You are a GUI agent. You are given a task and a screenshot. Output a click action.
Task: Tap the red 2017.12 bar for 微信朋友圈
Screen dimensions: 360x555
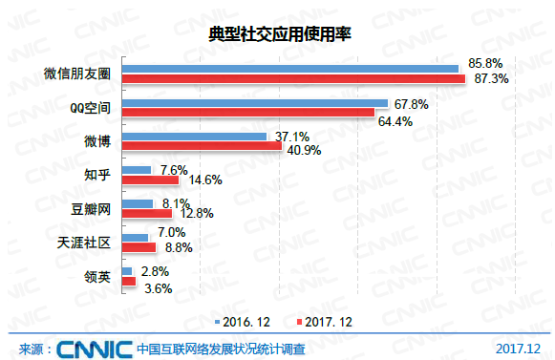(x=294, y=78)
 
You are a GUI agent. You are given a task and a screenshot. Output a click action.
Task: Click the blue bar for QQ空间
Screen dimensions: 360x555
(x=254, y=102)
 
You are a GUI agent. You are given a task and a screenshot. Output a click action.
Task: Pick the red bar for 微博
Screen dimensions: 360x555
(x=202, y=148)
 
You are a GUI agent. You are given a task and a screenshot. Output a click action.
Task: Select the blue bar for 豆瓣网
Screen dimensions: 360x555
(x=137, y=203)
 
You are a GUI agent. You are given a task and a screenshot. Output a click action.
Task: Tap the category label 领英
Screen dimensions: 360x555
(x=98, y=278)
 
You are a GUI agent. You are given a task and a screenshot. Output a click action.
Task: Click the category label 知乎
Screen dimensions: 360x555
(x=98, y=175)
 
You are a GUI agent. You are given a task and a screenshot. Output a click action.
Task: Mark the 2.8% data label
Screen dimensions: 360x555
(x=156, y=272)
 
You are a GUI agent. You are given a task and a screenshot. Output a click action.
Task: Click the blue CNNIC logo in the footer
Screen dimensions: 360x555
(x=93, y=348)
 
